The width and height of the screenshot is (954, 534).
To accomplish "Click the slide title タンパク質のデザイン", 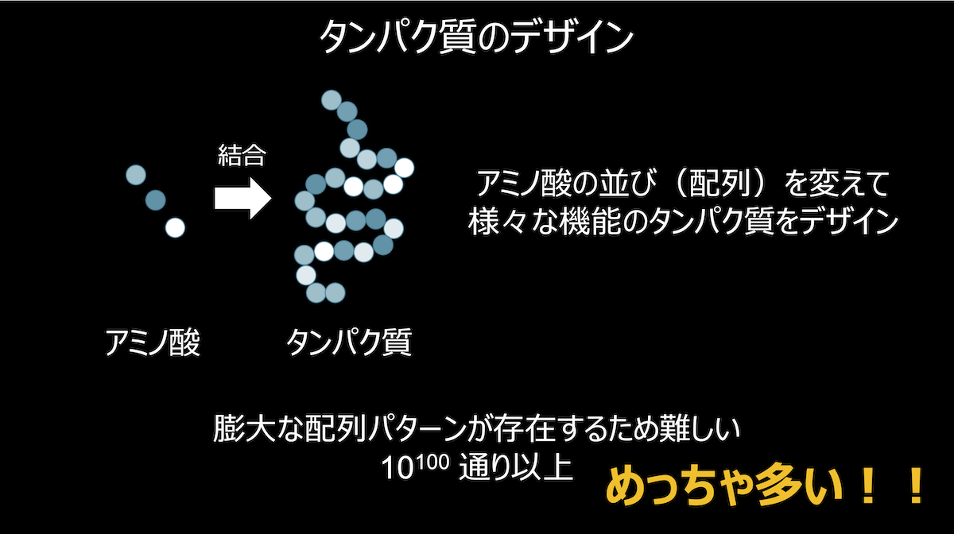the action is pos(476,38).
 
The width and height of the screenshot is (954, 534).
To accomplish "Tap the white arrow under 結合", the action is pos(242,199).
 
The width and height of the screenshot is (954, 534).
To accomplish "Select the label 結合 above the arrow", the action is pos(242,155).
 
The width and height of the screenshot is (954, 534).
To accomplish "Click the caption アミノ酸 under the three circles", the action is pos(153,342).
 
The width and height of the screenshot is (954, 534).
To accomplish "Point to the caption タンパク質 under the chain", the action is pos(349,342).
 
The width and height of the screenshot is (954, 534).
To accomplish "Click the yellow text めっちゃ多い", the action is pos(724,486).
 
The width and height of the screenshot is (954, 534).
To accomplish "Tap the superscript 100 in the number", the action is pos(432,462).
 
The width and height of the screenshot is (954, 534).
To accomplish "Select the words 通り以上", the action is pos(516,467).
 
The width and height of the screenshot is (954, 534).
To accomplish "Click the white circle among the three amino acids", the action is pos(175,228).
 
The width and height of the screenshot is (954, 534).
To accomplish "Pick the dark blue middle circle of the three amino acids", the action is pos(156,200).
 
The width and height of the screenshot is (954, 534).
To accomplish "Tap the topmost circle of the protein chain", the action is pos(332,100).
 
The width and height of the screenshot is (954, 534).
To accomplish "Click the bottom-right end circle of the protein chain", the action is pos(335,292).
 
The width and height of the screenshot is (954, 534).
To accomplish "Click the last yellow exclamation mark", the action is pos(916,486).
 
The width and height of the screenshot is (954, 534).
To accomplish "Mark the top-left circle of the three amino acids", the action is pos(136,175).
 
